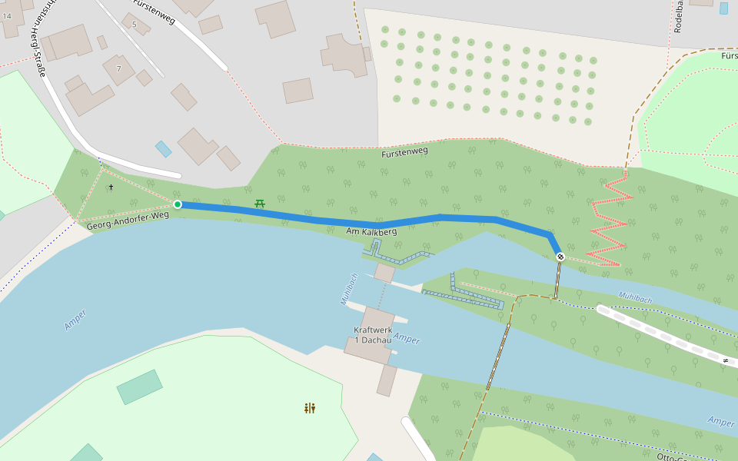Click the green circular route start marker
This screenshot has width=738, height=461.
178,204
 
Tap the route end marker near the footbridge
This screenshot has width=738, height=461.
560,257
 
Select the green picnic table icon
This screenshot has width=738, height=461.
260,203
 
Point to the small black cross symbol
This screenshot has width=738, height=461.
111,187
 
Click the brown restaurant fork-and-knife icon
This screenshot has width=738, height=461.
310,408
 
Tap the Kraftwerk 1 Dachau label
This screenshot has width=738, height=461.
372,334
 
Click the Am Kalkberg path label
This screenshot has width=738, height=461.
371,231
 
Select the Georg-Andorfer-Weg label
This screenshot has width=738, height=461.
128,221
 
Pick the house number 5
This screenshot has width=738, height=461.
135,25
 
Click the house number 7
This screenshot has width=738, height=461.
118,69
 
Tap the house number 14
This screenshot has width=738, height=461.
7,16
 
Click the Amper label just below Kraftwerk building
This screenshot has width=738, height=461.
407,340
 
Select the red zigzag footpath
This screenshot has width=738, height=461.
609,223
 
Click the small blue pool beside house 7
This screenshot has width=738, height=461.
163,149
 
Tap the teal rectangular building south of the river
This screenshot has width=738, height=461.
139,387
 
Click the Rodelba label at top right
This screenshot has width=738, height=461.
679,17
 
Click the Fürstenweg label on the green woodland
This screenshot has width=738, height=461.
404,153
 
